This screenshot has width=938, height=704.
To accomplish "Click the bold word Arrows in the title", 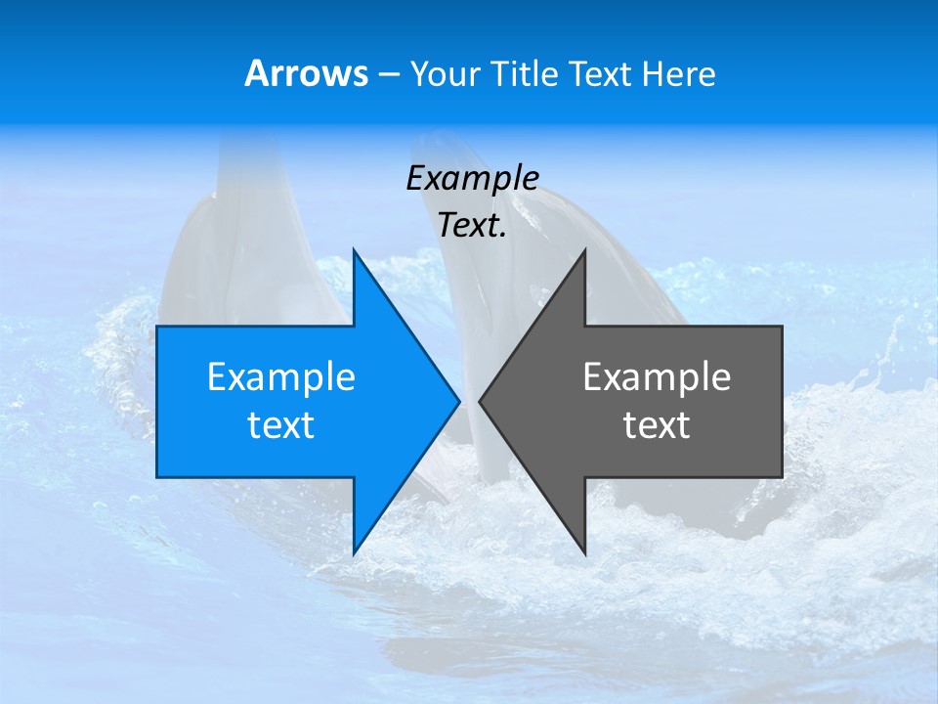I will (306, 73).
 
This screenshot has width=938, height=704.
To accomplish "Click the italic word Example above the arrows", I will (472, 178).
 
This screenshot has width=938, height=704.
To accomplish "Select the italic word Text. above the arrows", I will (472, 226).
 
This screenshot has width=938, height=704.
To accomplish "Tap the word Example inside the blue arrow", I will (281, 377).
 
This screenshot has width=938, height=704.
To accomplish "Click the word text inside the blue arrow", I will (281, 425).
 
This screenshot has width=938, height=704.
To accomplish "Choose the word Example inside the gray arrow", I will (657, 377).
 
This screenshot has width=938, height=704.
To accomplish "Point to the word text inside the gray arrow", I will (657, 425).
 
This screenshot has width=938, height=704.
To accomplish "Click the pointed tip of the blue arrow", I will (457, 401).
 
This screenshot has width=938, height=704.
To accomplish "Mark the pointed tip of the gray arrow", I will (482, 401).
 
